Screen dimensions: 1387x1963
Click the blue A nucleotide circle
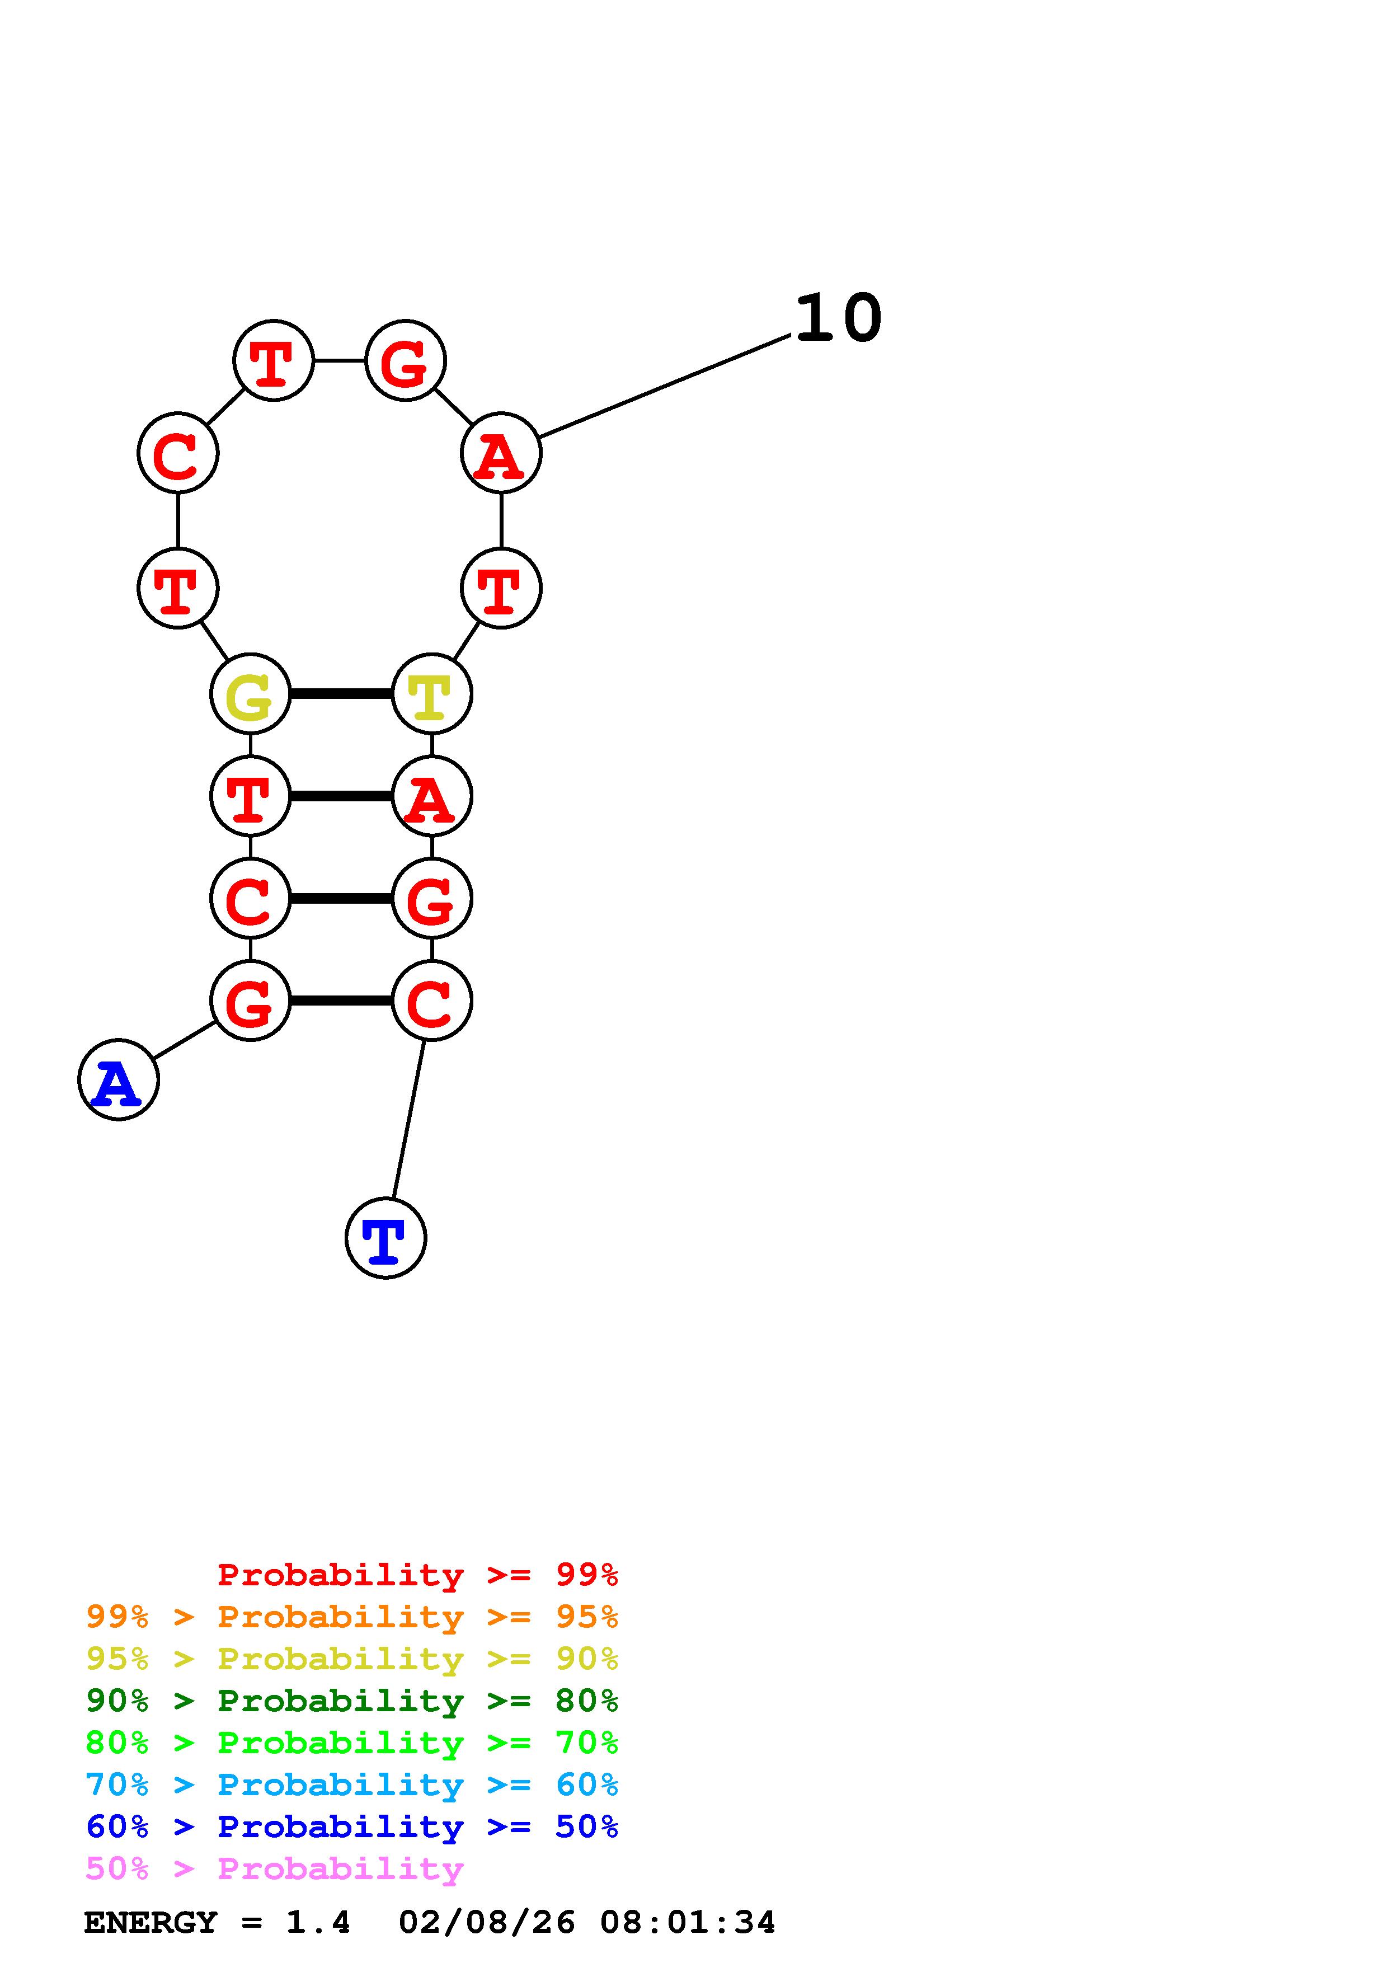click(118, 1080)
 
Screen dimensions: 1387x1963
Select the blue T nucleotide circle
click(385, 1238)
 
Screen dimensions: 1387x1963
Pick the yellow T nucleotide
click(431, 693)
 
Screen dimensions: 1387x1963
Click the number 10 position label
click(838, 318)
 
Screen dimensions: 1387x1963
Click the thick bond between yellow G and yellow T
click(341, 693)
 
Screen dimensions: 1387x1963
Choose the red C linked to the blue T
click(431, 1001)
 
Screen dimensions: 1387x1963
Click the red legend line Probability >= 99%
click(418, 1575)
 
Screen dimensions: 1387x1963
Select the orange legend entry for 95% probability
click(351, 1617)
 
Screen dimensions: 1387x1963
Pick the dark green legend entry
click(351, 1701)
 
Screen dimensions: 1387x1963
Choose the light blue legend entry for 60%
click(351, 1784)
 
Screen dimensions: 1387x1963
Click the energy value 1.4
click(318, 1922)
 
